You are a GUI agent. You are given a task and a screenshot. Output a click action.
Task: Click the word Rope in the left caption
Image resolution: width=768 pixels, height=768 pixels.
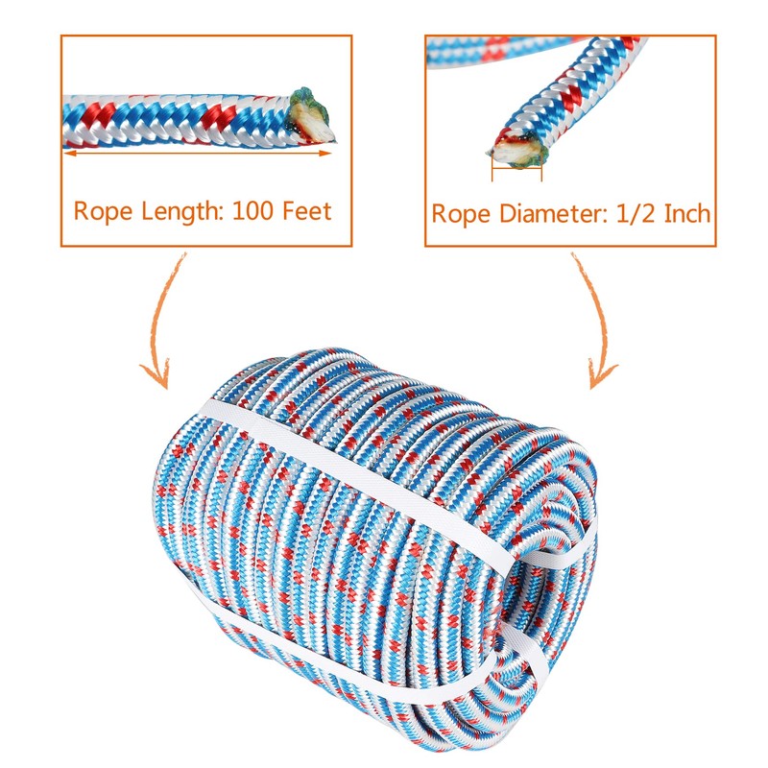pos(100,210)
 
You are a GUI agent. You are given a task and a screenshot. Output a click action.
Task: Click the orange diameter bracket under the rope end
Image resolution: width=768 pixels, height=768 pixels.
pos(516,175)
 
